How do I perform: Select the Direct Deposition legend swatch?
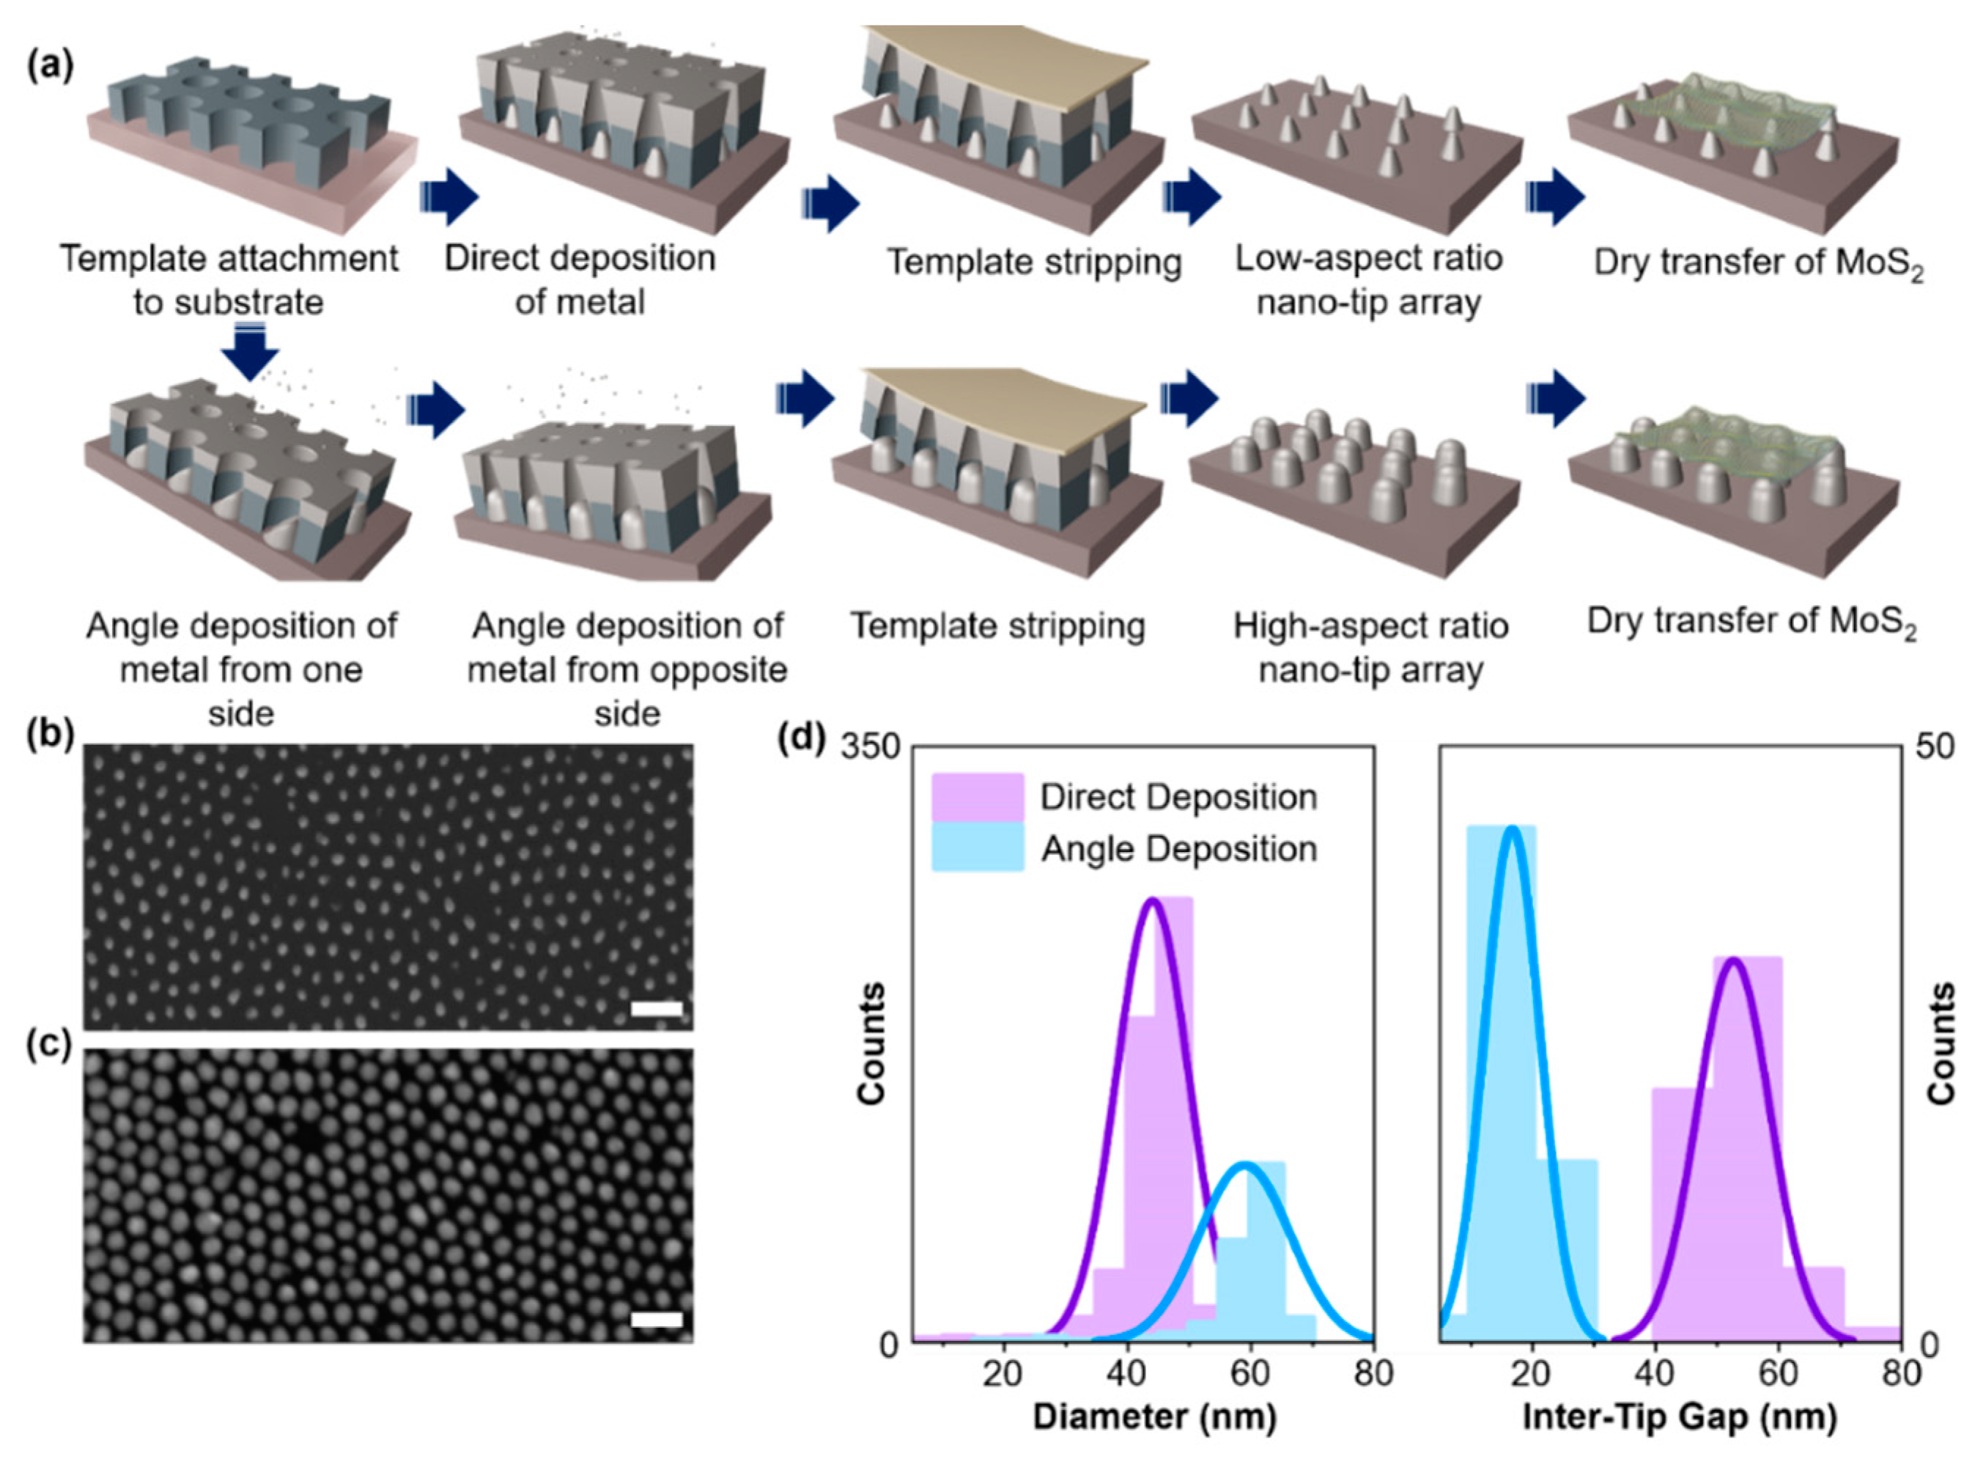pyautogui.click(x=978, y=798)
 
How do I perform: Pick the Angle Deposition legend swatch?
pyautogui.click(x=978, y=848)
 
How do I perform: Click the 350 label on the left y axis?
pyautogui.click(x=868, y=748)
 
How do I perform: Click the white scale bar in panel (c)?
pyautogui.click(x=657, y=1320)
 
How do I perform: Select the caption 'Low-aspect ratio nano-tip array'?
pyautogui.click(x=1368, y=281)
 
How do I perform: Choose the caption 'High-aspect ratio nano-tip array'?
pyautogui.click(x=1370, y=648)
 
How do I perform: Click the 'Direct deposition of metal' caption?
pyautogui.click(x=580, y=281)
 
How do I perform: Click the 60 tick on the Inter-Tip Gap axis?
pyautogui.click(x=1778, y=1374)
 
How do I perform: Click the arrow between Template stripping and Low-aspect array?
pyautogui.click(x=1192, y=196)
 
